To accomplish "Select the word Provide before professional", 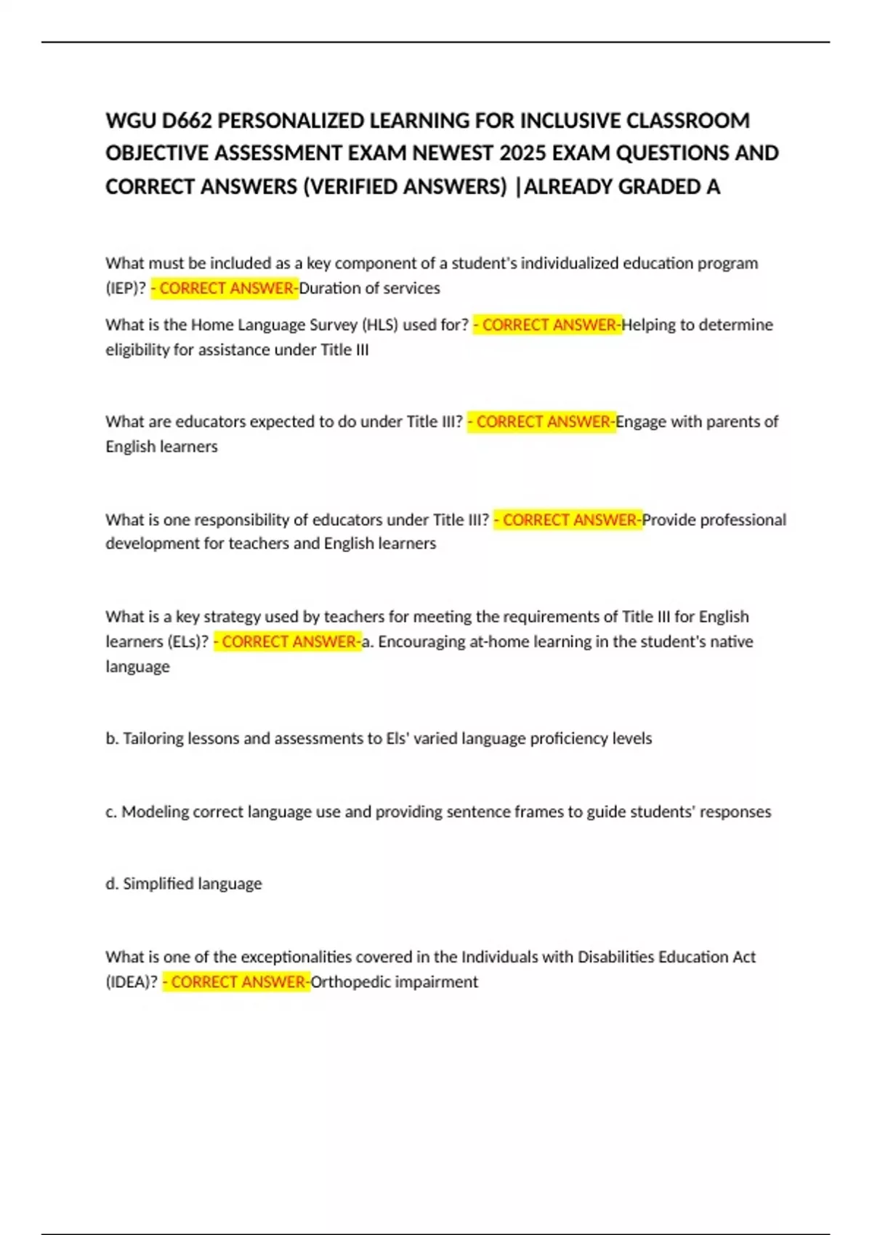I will (x=669, y=520).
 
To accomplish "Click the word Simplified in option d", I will (x=153, y=884).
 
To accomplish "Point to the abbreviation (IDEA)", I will (x=132, y=982).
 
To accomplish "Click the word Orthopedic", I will (x=347, y=982).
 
